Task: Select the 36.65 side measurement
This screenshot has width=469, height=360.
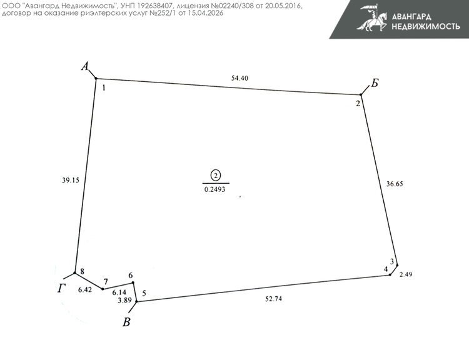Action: pyautogui.click(x=395, y=184)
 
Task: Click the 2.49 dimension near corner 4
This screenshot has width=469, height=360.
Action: pyautogui.click(x=406, y=274)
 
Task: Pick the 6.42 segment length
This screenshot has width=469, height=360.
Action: pyautogui.click(x=85, y=290)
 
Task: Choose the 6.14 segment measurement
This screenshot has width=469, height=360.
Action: pyautogui.click(x=119, y=292)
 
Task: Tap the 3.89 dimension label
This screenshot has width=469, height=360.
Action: pyautogui.click(x=125, y=301)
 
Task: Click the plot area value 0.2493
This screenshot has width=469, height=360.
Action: pyautogui.click(x=216, y=188)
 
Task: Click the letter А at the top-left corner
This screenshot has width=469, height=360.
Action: pyautogui.click(x=86, y=66)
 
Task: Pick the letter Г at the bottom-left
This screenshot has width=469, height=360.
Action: pyautogui.click(x=61, y=287)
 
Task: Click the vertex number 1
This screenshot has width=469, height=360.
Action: pyautogui.click(x=103, y=88)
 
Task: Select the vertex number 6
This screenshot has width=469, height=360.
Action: pyautogui.click(x=130, y=276)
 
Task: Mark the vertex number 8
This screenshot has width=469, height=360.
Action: pyautogui.click(x=82, y=271)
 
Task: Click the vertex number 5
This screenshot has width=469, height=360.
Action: pyautogui.click(x=144, y=293)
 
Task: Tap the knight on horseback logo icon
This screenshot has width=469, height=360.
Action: pyautogui.click(x=371, y=19)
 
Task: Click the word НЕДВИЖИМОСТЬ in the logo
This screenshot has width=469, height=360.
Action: pyautogui.click(x=425, y=26)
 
